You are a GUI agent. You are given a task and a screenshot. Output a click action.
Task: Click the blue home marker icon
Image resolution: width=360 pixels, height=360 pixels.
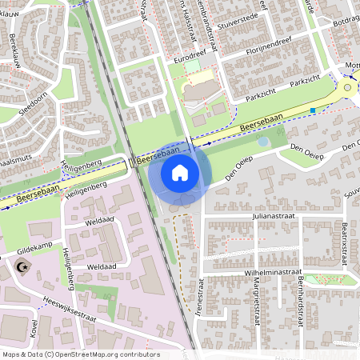180,173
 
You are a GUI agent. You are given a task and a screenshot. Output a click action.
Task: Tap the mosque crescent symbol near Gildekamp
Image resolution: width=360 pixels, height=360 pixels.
21,263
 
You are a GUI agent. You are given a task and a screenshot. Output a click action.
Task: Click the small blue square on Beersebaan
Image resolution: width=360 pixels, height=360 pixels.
313,110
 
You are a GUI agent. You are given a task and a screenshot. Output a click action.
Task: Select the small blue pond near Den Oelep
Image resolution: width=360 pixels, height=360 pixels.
263,142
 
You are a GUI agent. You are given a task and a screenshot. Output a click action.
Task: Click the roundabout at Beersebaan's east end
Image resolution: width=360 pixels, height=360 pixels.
347,87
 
